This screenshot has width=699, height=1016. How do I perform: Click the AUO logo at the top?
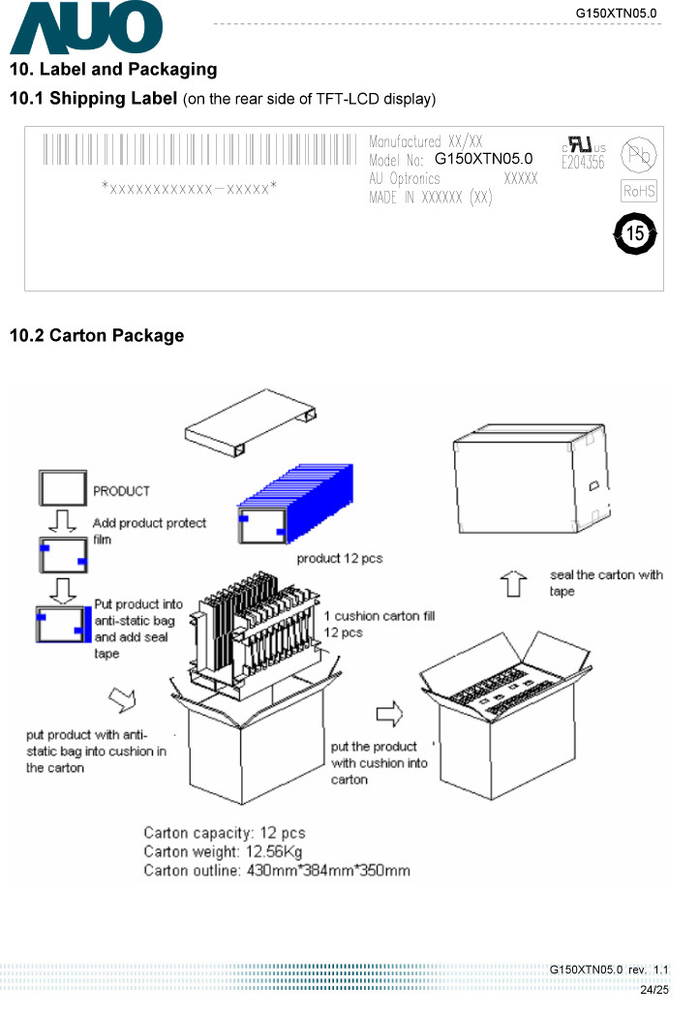(85, 29)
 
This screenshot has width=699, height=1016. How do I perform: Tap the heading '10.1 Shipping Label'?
(93, 99)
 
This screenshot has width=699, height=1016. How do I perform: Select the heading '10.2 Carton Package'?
(96, 336)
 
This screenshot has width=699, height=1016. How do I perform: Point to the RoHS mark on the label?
(639, 192)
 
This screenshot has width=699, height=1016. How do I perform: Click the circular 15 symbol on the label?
(635, 233)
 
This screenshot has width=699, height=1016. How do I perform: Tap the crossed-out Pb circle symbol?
(638, 156)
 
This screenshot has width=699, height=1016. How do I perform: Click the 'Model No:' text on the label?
(397, 160)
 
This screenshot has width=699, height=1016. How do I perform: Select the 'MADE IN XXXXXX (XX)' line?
(431, 198)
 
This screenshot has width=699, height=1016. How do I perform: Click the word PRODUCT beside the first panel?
(122, 491)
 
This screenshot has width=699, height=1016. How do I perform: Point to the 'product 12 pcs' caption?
(339, 558)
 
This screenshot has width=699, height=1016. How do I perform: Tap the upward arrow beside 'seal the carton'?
(512, 584)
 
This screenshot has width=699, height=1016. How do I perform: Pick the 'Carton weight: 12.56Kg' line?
(226, 852)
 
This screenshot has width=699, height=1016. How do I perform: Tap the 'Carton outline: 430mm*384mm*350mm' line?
(276, 871)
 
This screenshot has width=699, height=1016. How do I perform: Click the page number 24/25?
(655, 990)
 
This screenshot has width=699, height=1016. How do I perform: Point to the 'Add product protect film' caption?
(149, 531)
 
